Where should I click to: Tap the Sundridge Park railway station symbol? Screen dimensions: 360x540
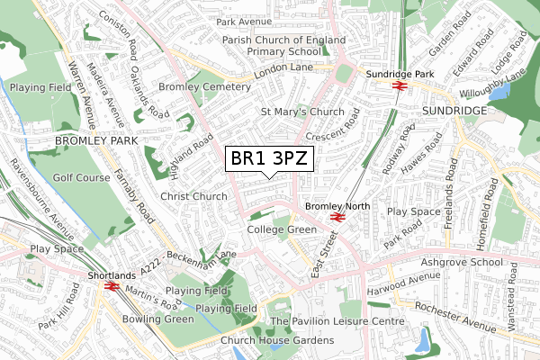point(399,85)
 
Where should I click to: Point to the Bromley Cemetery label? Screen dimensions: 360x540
point(203,86)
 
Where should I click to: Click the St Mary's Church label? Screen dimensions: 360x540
point(302,112)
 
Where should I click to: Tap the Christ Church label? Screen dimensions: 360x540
point(193,196)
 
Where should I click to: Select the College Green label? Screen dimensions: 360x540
point(282,230)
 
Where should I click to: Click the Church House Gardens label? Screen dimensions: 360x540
point(277,340)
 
